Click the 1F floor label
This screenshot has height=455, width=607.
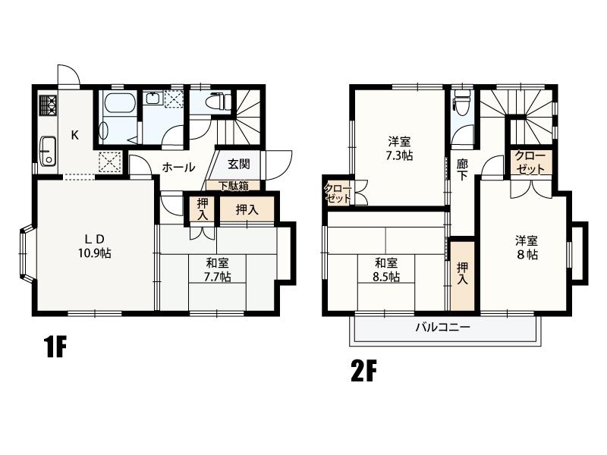coord(55,347)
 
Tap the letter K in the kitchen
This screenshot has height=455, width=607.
coord(75,136)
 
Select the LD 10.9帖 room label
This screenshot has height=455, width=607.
coord(95,246)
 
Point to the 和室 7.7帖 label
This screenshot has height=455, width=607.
coord(217,270)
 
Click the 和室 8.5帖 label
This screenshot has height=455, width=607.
coord(386,270)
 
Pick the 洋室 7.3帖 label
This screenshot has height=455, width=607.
coord(399,148)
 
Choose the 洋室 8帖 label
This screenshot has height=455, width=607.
coord(526,248)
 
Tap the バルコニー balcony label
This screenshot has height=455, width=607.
coord(443,328)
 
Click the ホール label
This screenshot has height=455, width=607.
coord(178,168)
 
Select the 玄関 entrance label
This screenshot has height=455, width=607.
coord(238,164)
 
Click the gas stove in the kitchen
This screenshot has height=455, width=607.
coord(48,105)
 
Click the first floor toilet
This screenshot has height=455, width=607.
coord(219,102)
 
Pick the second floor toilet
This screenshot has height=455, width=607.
coord(462,102)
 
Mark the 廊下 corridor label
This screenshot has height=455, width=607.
coord(462,170)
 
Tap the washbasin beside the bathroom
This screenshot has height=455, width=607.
coord(153,99)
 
